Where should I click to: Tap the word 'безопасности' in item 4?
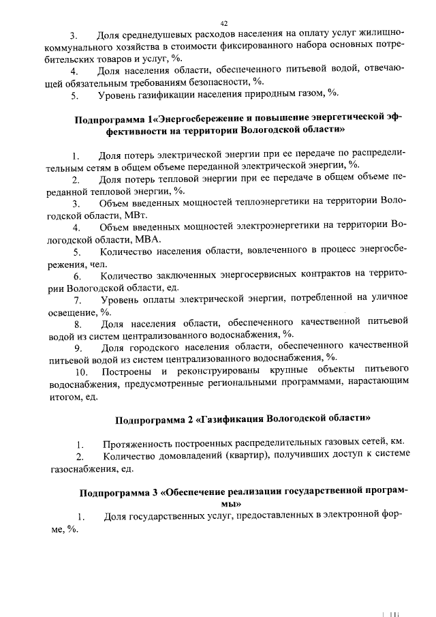214,82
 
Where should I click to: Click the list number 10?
82,372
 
